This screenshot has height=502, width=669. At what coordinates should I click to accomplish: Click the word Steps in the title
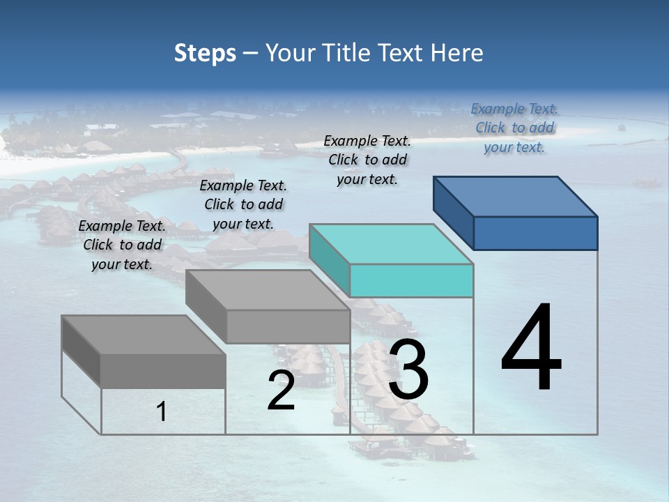[x=205, y=53]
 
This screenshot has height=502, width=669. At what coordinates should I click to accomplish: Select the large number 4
[x=531, y=348]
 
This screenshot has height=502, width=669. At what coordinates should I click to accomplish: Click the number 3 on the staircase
[x=408, y=370]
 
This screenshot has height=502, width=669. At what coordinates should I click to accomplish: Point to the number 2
[x=281, y=390]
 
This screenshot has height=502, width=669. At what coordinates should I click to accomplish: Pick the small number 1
[x=162, y=411]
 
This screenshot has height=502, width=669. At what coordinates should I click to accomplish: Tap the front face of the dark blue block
[x=535, y=233]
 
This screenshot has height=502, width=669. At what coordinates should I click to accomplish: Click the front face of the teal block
[x=411, y=280]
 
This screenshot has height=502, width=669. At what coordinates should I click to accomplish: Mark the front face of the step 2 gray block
[x=288, y=326]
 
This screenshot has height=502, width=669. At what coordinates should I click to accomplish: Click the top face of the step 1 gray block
[x=144, y=335]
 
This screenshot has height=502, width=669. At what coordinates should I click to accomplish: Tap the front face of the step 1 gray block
[x=163, y=371]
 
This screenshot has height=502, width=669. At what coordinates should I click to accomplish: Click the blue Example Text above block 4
[x=514, y=128]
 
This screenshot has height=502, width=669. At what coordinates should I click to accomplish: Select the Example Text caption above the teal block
[x=367, y=160]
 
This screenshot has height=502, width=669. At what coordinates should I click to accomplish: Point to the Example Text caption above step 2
[x=243, y=204]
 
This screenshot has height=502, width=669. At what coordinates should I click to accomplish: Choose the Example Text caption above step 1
[x=122, y=245]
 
